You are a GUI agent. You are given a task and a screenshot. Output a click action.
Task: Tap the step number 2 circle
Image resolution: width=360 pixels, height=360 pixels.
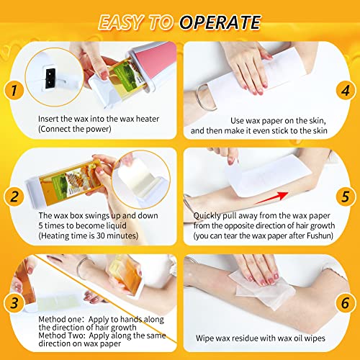point(14,195)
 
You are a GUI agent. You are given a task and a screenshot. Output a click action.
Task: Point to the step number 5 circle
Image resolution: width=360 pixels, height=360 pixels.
point(346,195)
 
